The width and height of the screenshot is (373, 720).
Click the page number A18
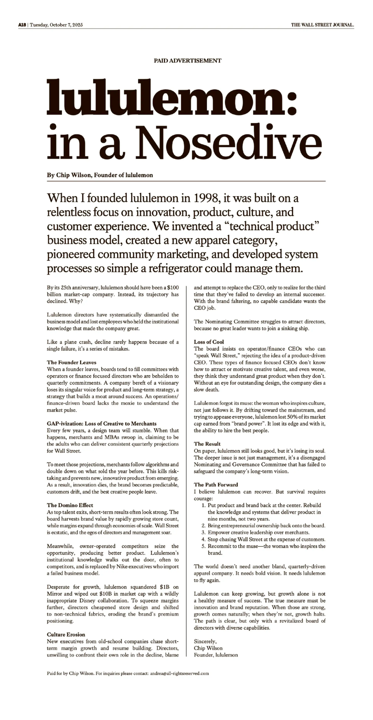(x=22, y=25)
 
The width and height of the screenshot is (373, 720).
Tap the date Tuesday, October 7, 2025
(x=56, y=25)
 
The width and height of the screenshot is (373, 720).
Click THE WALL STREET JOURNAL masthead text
(x=323, y=25)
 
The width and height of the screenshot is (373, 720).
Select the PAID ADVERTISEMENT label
(x=187, y=60)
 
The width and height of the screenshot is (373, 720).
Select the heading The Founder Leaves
(x=72, y=362)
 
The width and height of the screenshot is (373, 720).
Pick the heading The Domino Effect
(x=70, y=505)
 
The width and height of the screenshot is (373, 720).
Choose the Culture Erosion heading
(x=66, y=634)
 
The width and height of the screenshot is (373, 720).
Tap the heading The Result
(x=207, y=444)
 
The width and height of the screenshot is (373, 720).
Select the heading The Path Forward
(x=216, y=484)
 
